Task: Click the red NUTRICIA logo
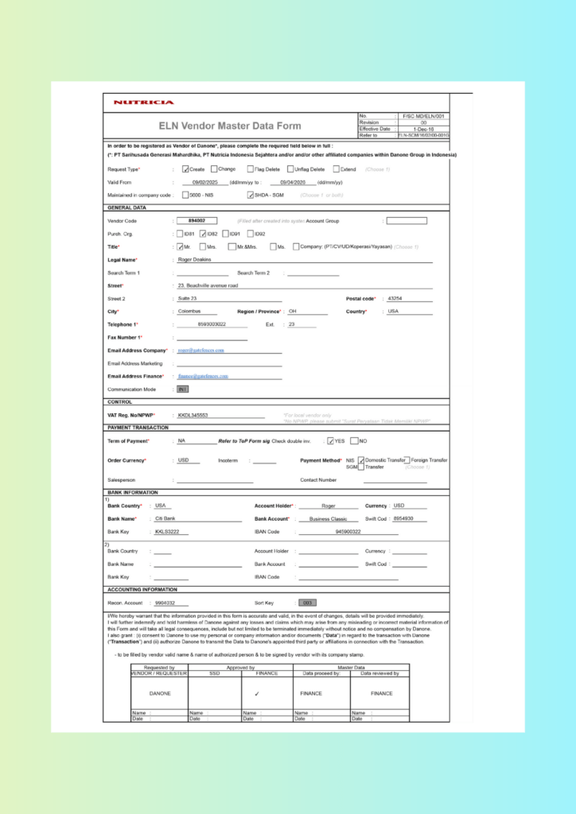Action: (x=143, y=103)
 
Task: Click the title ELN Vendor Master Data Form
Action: (x=230, y=126)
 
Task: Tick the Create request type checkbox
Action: (x=185, y=169)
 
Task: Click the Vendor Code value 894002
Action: (x=197, y=220)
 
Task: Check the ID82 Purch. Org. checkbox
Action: (x=203, y=234)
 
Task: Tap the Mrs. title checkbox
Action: (x=201, y=246)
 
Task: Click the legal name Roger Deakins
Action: (x=195, y=259)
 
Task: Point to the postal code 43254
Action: (x=395, y=298)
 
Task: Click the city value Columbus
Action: (x=189, y=312)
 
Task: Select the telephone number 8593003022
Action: (x=212, y=324)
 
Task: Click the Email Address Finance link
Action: (x=203, y=376)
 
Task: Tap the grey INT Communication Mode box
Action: (x=182, y=390)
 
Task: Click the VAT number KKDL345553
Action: (x=193, y=415)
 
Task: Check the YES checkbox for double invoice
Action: (x=330, y=441)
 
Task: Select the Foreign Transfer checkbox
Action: (x=407, y=459)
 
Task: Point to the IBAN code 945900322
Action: (x=348, y=532)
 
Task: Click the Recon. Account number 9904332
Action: (x=165, y=603)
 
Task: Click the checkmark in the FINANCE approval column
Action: (x=267, y=693)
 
